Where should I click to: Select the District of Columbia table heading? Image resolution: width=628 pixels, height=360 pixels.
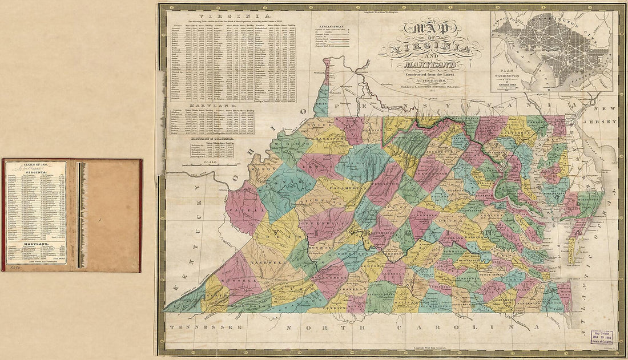pyautogui.click(x=212, y=138)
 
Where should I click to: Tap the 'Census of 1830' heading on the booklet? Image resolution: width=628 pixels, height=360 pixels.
pyautogui.click(x=23, y=165)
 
